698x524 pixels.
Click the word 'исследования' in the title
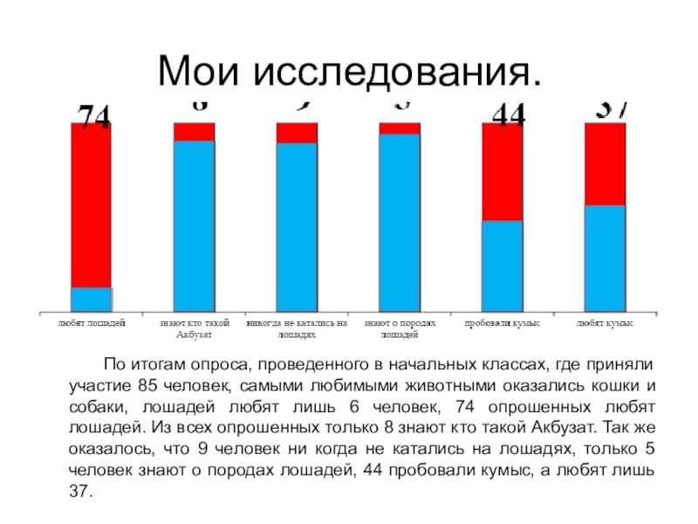397,72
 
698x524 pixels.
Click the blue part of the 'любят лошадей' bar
91,299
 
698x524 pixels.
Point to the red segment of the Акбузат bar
194,132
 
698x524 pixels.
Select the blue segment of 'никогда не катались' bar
297,227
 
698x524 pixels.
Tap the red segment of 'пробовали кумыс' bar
503,171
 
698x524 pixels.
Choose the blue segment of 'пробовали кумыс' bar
503,265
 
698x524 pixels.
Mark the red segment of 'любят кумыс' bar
606,164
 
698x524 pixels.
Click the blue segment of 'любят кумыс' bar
606,258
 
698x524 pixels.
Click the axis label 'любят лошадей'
92,322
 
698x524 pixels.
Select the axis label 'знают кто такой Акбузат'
194,327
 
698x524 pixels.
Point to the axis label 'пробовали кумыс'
503,322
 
